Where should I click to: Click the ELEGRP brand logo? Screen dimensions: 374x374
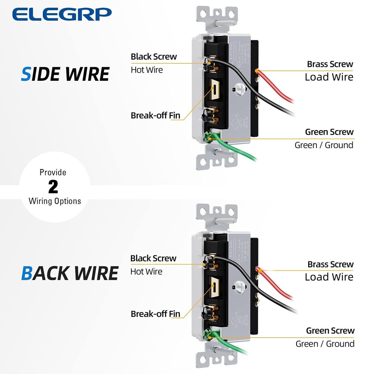click(62, 14)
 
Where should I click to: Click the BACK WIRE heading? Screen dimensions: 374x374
click(70, 273)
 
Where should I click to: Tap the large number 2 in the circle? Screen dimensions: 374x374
click(53, 187)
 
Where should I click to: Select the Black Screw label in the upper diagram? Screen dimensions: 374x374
click(154, 57)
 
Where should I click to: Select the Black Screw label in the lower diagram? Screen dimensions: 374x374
click(153, 258)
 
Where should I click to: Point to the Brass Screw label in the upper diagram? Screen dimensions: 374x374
click(330, 64)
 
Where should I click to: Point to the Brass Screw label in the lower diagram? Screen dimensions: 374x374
click(330, 264)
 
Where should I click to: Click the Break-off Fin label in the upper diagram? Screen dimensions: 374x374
click(155, 116)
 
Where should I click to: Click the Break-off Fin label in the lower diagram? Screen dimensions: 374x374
click(155, 314)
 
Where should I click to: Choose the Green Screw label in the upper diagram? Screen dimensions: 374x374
click(329, 132)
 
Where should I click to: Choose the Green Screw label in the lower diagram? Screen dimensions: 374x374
click(330, 331)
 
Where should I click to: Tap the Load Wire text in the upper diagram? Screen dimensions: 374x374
click(329, 77)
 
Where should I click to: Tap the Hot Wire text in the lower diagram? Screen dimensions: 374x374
click(146, 271)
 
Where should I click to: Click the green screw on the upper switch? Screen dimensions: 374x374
click(208, 138)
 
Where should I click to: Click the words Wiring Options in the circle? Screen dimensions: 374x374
click(55, 201)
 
